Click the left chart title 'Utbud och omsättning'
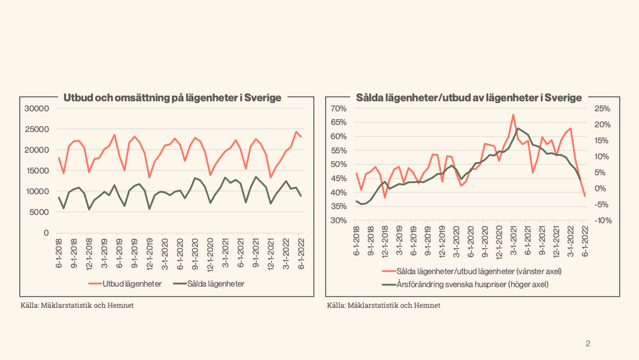172,98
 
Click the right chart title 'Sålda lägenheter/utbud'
469,98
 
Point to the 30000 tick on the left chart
37,108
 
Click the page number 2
588,343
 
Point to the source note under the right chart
383,306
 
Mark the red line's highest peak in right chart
513,114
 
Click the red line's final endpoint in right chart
585,196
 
